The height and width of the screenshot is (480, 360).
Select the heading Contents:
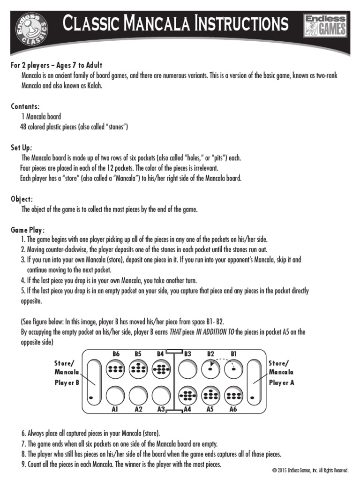[x=25, y=106]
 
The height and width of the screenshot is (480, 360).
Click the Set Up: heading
[x=22, y=148]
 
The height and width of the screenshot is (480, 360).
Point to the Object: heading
[x=22, y=199]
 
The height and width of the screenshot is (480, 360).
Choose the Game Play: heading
[x=28, y=230]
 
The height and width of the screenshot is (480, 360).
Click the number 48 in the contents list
[x=23, y=127]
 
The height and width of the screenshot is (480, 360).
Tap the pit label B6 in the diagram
[x=116, y=354]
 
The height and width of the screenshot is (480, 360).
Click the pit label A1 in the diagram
[x=114, y=409]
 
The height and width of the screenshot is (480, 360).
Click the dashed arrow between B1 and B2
[x=222, y=361]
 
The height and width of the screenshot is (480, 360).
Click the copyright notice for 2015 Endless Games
[x=310, y=470]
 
